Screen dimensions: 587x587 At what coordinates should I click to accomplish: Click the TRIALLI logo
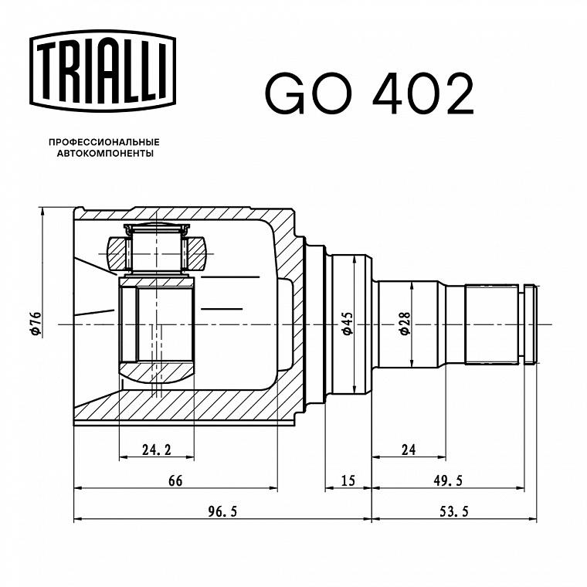tap(103, 71)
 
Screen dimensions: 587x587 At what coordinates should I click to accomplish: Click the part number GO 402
tap(369, 93)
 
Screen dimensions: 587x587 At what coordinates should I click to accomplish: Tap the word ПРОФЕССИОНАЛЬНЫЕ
tap(104, 142)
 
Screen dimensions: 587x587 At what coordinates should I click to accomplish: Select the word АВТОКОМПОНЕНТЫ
tap(105, 154)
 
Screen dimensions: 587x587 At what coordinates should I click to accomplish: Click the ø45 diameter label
tap(348, 323)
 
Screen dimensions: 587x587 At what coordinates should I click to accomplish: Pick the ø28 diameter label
tap(405, 323)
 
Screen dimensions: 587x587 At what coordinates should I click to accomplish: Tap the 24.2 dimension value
tap(157, 450)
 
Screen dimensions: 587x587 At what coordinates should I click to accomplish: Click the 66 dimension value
tap(175, 480)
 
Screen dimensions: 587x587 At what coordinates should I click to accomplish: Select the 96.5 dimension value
tap(222, 511)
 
